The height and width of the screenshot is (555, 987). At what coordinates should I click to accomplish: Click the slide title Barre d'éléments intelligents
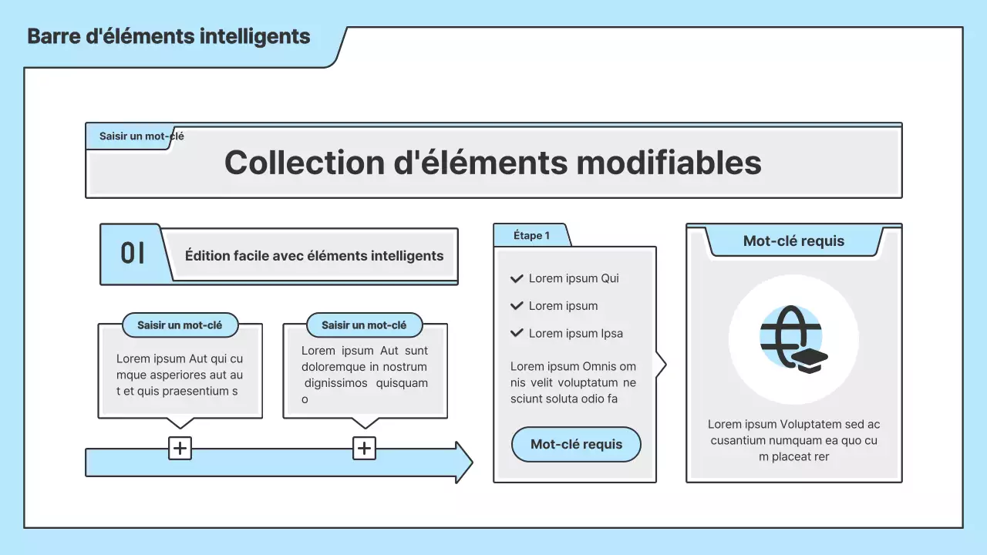click(169, 36)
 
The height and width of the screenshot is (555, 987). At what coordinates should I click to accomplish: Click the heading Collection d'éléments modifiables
click(493, 163)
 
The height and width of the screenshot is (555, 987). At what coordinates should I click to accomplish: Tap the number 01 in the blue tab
click(133, 254)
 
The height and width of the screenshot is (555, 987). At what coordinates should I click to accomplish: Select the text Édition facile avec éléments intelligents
click(314, 255)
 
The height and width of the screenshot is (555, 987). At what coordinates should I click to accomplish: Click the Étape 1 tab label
click(531, 236)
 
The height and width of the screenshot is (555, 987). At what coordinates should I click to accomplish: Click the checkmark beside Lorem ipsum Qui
click(517, 278)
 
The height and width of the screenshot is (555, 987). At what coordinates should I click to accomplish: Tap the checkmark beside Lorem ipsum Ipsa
click(517, 333)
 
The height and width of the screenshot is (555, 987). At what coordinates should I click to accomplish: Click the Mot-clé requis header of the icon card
click(793, 241)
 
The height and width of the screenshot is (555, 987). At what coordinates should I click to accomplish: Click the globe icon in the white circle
click(791, 337)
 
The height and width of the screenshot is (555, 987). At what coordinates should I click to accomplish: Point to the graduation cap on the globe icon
click(810, 360)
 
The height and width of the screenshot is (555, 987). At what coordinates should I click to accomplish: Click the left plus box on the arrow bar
click(180, 449)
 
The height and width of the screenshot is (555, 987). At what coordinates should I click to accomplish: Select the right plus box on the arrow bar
click(364, 449)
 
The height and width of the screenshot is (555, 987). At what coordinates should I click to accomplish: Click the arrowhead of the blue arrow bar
click(463, 462)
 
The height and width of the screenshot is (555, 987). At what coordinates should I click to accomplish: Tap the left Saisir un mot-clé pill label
click(180, 325)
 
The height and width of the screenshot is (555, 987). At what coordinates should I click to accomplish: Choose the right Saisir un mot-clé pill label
click(364, 325)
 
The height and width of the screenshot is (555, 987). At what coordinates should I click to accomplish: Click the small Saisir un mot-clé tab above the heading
click(141, 136)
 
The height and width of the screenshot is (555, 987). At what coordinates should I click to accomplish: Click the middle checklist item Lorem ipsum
click(563, 306)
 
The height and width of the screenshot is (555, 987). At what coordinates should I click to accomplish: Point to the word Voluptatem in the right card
click(810, 424)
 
